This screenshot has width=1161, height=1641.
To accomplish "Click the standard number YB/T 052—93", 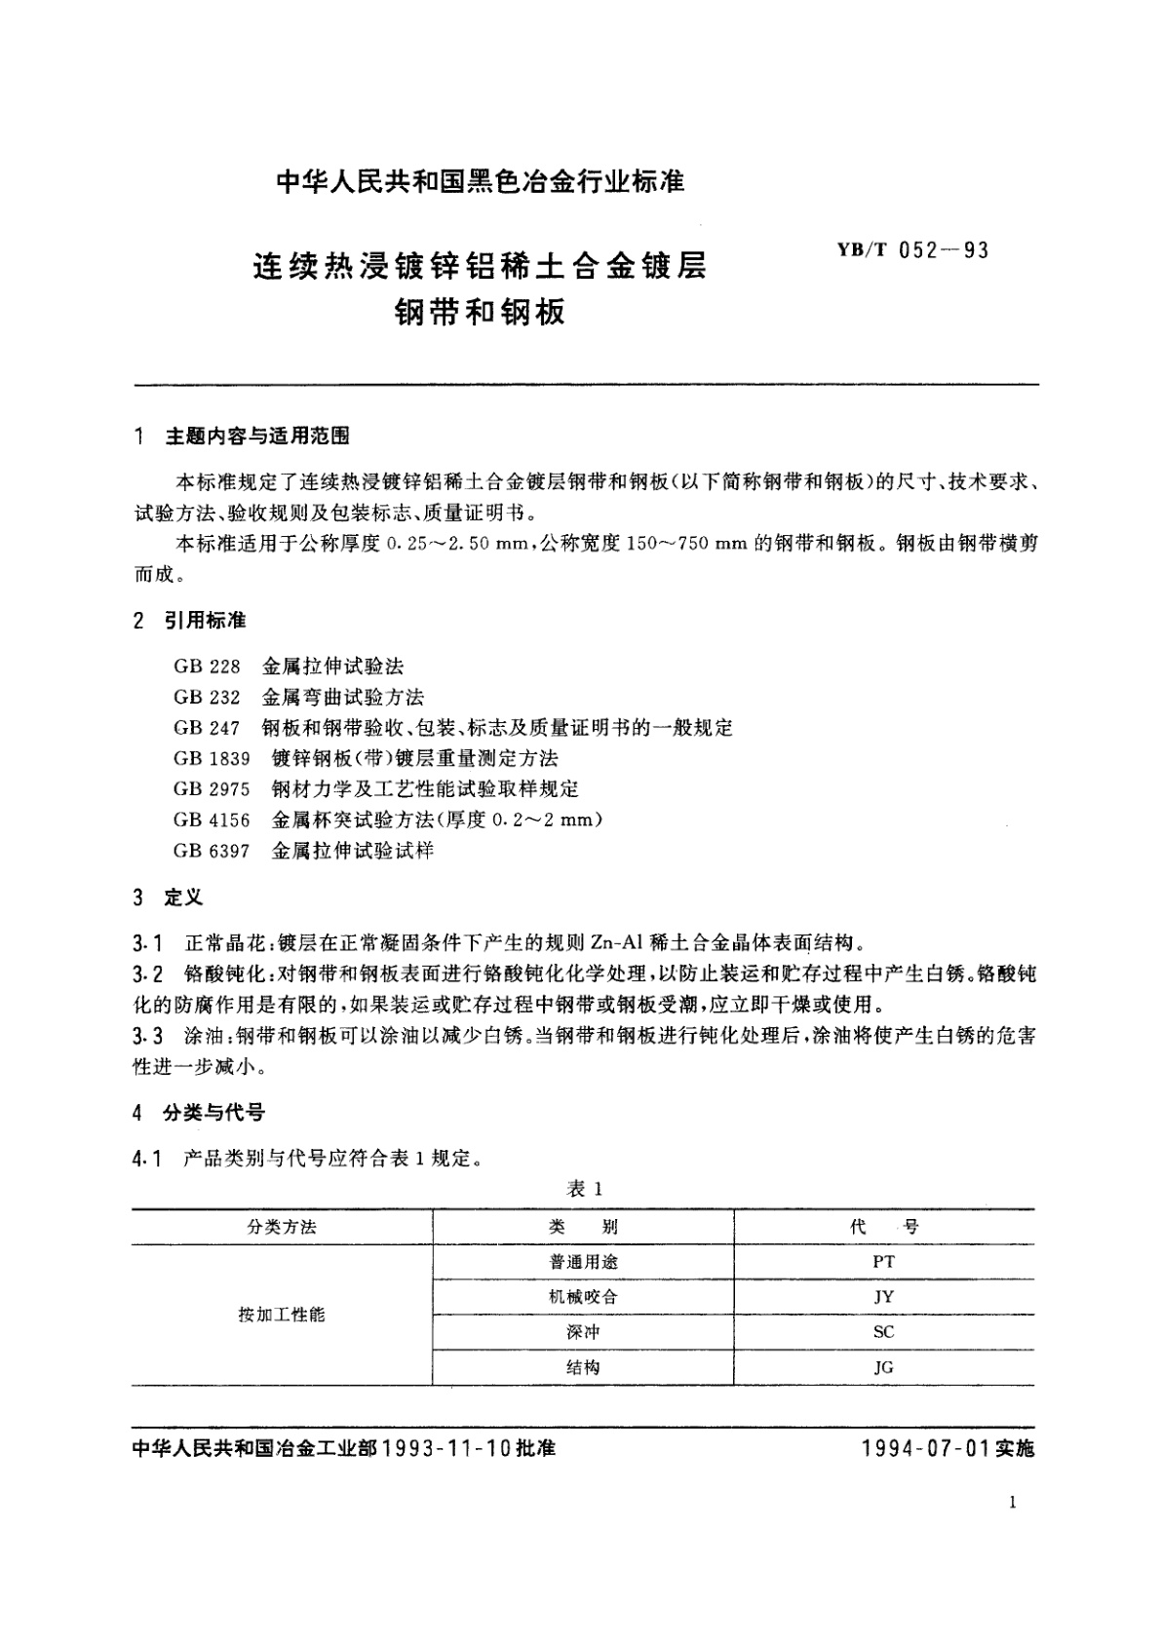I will coord(912,250).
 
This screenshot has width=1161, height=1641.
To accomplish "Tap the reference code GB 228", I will coord(207,668).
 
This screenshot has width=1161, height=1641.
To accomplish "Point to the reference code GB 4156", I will coord(212,820).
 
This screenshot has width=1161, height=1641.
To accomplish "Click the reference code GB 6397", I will coord(212,851).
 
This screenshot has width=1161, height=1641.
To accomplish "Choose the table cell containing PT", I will coord(883,1262).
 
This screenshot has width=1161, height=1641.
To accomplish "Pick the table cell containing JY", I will coord(883,1297).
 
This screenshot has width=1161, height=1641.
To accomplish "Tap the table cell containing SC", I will coord(883,1332).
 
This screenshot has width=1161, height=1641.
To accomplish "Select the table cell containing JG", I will coord(883,1367).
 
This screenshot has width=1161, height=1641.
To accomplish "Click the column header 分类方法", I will coord(282,1227).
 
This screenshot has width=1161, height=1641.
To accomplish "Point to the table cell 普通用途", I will coord(583,1262).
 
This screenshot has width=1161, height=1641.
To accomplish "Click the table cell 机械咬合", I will coord(583,1297).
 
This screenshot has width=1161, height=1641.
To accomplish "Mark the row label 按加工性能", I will coord(282,1315).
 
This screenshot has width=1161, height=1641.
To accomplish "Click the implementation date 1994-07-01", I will coord(925,1449).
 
